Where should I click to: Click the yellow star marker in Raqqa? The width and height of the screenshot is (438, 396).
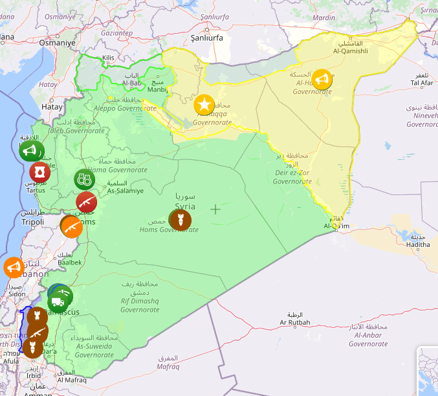point(204,104)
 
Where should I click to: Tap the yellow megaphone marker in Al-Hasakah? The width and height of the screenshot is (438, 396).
point(322,79)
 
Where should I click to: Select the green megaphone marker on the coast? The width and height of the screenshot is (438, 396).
point(28,152)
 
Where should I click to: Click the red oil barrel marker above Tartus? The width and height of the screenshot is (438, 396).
point(39,172)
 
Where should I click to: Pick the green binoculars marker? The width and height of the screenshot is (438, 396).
point(83,179)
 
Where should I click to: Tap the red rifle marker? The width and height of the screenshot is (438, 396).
point(86,202)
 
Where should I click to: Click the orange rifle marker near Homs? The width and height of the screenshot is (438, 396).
point(71,226)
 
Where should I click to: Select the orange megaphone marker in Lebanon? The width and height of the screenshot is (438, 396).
point(13,267)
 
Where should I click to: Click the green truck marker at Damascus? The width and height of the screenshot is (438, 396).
point(58,301)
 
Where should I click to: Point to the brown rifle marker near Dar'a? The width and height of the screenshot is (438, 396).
point(37,333)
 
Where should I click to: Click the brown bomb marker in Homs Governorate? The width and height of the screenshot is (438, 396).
point(180,220)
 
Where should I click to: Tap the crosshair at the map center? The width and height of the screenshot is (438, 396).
point(215,209)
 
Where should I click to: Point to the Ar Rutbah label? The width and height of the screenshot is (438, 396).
point(294,322)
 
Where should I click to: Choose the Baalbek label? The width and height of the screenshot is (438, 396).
point(70,262)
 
